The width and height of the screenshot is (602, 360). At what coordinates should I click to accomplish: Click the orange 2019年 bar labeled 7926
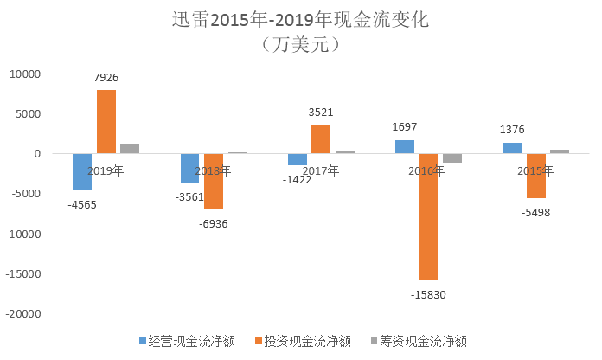[106, 122]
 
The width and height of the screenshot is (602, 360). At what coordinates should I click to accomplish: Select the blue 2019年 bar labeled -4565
[82, 172]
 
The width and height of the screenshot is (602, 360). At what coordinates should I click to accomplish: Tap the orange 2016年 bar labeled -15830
[428, 217]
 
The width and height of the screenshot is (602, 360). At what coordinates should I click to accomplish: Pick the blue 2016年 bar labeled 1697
[405, 147]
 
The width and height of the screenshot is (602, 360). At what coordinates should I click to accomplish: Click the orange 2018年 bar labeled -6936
[214, 182]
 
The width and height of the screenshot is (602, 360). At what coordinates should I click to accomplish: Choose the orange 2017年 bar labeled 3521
[321, 140]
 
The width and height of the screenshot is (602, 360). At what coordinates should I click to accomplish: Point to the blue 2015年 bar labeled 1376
[512, 149]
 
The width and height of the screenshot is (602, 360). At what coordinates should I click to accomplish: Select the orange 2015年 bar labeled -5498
[536, 176]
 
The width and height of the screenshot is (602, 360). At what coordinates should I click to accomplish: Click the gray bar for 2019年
[130, 149]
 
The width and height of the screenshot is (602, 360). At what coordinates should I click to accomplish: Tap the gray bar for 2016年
[452, 158]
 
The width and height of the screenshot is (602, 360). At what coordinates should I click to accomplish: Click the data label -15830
[428, 294]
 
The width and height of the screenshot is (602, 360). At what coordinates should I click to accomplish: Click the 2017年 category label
[321, 170]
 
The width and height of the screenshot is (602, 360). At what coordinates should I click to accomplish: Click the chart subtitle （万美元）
[300, 45]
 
